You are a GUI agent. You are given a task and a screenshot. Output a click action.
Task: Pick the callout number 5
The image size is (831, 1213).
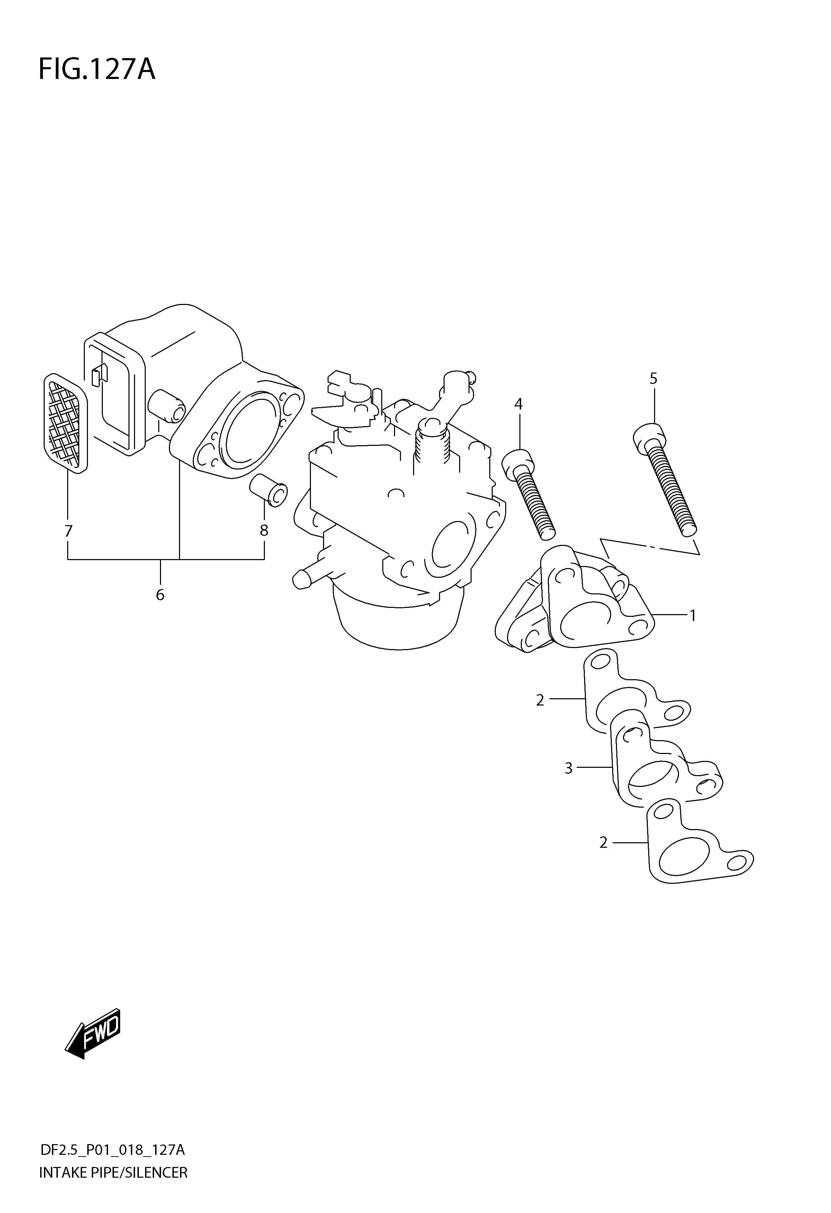click(653, 378)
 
